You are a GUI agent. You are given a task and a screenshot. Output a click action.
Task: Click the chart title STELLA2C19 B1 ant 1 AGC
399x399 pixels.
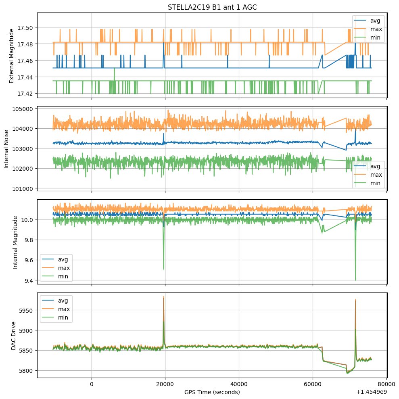(212, 7)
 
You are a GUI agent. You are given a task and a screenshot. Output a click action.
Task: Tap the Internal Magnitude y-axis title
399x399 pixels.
(15, 242)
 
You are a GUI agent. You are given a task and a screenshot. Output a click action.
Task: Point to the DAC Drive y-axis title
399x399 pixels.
(14, 334)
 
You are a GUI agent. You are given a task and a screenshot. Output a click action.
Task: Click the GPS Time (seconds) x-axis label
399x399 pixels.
(212, 392)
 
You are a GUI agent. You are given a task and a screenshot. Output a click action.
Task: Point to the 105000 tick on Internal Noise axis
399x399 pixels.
(23, 109)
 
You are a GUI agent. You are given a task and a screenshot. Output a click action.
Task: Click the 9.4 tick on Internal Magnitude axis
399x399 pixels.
(29, 280)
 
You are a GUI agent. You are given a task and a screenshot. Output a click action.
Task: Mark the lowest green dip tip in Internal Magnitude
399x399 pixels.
(355, 280)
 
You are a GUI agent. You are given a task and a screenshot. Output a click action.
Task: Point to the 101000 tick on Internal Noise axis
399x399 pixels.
(23, 188)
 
